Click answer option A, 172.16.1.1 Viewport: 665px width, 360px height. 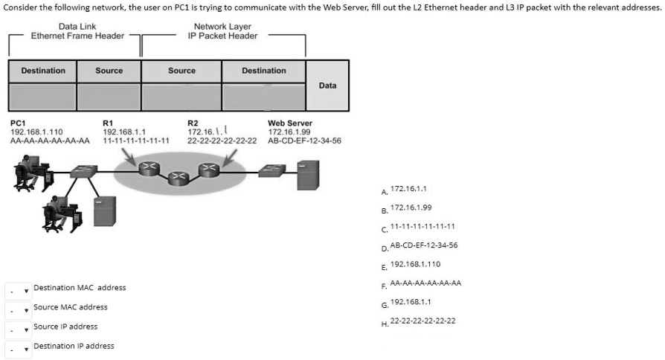408,190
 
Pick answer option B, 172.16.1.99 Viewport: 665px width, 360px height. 411,208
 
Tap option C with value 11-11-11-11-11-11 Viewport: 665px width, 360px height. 422,226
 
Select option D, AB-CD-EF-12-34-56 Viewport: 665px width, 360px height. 423,245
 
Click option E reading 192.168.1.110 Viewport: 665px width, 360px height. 415,263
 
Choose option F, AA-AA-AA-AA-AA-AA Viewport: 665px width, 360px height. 425,283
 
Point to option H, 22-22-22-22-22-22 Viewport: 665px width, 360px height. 423,321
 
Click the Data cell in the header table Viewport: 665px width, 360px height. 327,86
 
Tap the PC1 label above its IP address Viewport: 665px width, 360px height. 18,123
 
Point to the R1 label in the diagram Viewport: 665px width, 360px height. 107,123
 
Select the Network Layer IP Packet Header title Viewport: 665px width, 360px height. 222,31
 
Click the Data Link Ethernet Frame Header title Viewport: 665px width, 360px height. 77,31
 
